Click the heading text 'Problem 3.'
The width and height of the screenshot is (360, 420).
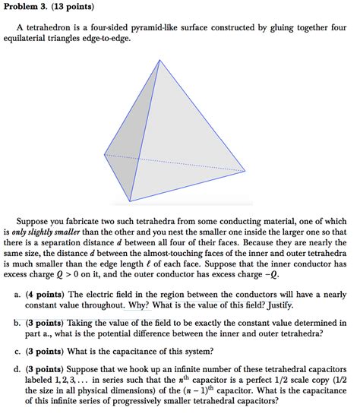pos(27,8)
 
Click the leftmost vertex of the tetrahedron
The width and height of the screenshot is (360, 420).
pos(104,154)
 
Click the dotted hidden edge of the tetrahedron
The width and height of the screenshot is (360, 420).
pos(175,163)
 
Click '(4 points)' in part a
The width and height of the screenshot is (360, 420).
pos(50,294)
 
